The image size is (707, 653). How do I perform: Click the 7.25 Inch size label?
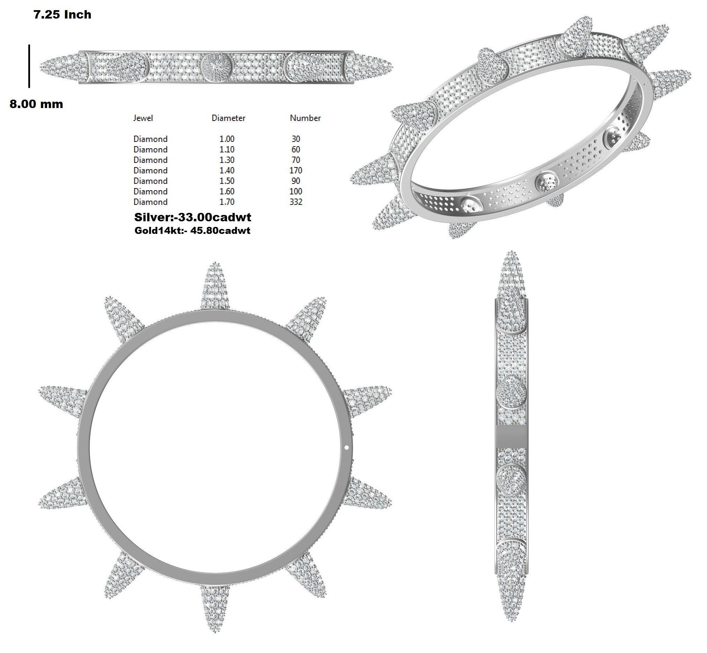pyautogui.click(x=62, y=14)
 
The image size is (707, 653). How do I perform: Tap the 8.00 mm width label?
pyautogui.click(x=36, y=104)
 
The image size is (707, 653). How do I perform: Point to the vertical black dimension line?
pyautogui.click(x=29, y=66)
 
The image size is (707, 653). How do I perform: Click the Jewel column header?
pyautogui.click(x=143, y=118)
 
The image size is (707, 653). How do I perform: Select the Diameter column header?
pyautogui.click(x=228, y=118)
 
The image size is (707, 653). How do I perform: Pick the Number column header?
pyautogui.click(x=305, y=118)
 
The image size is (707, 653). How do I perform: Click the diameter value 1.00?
pyautogui.click(x=227, y=139)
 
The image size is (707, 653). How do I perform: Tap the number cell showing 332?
pyautogui.click(x=296, y=202)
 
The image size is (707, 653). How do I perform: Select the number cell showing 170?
pyautogui.click(x=296, y=170)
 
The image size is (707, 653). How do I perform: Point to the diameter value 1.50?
pyautogui.click(x=227, y=181)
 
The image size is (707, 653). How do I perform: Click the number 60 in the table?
pyautogui.click(x=296, y=150)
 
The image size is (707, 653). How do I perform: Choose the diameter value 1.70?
pyautogui.click(x=227, y=202)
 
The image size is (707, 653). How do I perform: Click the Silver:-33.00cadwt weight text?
pyautogui.click(x=192, y=217)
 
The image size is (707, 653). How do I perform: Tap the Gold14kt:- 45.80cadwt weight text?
pyautogui.click(x=192, y=231)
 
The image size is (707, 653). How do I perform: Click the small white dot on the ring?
pyautogui.click(x=347, y=447)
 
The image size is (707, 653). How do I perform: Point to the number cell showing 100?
pyautogui.click(x=296, y=191)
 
